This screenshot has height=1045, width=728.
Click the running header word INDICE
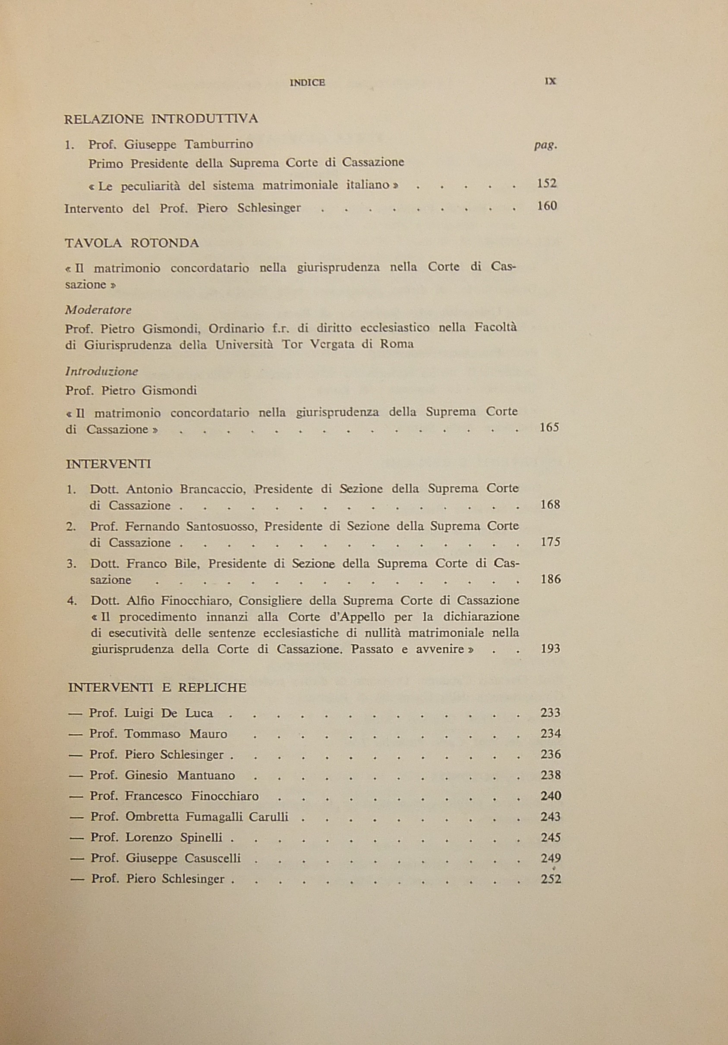[307, 83]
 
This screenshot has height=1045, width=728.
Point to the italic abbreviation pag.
[545, 146]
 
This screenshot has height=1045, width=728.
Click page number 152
[546, 183]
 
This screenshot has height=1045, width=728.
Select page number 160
[547, 206]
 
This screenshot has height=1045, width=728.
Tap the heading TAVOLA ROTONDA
[132, 243]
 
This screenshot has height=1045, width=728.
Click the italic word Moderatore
[98, 311]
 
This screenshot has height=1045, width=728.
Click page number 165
[548, 427]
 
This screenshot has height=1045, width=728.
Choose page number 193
[550, 649]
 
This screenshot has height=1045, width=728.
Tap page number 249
[551, 858]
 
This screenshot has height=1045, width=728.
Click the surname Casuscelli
[213, 858]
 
